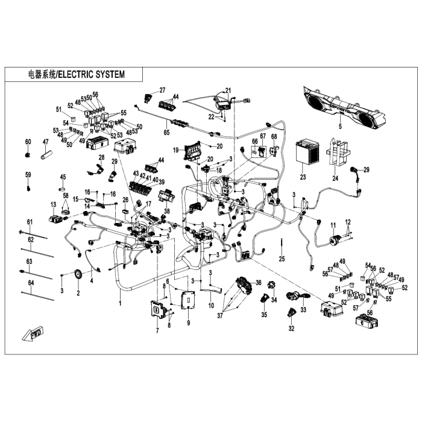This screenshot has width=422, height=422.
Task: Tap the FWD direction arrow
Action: click(x=31, y=333)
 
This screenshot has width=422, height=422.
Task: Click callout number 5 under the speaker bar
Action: click(x=339, y=127)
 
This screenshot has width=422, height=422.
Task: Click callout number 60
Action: click(x=27, y=141)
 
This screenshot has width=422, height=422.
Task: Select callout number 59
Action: click(x=27, y=175)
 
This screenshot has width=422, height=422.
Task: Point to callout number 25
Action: click(x=281, y=259)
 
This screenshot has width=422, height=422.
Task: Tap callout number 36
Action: click(x=258, y=282)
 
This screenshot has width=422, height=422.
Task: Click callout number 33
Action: click(x=303, y=309)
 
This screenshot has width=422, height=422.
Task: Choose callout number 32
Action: click(x=291, y=329)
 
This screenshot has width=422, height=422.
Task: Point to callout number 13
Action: click(x=52, y=205)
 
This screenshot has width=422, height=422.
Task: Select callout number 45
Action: click(x=62, y=177)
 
